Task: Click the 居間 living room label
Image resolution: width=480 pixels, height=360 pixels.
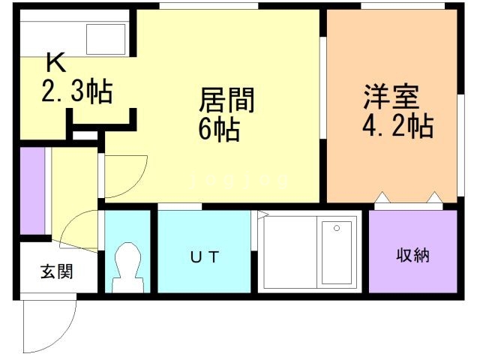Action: [x=226, y=100]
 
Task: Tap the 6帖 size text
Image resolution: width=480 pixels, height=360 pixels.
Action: [x=218, y=129]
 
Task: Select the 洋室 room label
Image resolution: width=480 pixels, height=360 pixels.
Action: [x=391, y=97]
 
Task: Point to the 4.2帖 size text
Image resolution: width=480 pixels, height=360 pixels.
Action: [x=397, y=125]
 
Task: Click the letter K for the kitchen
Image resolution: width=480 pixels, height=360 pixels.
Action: [x=56, y=62]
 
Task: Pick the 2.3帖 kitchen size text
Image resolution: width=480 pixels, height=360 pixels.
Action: [x=77, y=91]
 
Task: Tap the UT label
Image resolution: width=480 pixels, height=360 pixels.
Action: [x=205, y=256]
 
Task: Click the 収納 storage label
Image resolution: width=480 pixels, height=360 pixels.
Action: [x=413, y=255]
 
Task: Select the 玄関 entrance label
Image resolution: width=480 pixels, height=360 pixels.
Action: [x=57, y=271]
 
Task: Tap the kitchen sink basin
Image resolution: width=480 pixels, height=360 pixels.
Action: [x=106, y=39]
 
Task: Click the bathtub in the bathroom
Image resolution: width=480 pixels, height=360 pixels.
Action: [x=337, y=253]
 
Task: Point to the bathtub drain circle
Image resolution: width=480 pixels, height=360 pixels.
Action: [x=337, y=228]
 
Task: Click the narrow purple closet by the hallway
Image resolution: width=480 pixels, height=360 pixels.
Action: [x=32, y=191]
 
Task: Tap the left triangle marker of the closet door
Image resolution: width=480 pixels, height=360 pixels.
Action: [x=382, y=197]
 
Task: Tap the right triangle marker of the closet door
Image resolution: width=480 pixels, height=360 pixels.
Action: [x=435, y=197]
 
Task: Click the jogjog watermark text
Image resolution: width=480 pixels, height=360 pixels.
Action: [x=239, y=180]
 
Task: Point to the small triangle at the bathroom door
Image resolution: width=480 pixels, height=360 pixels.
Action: [x=262, y=214]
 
